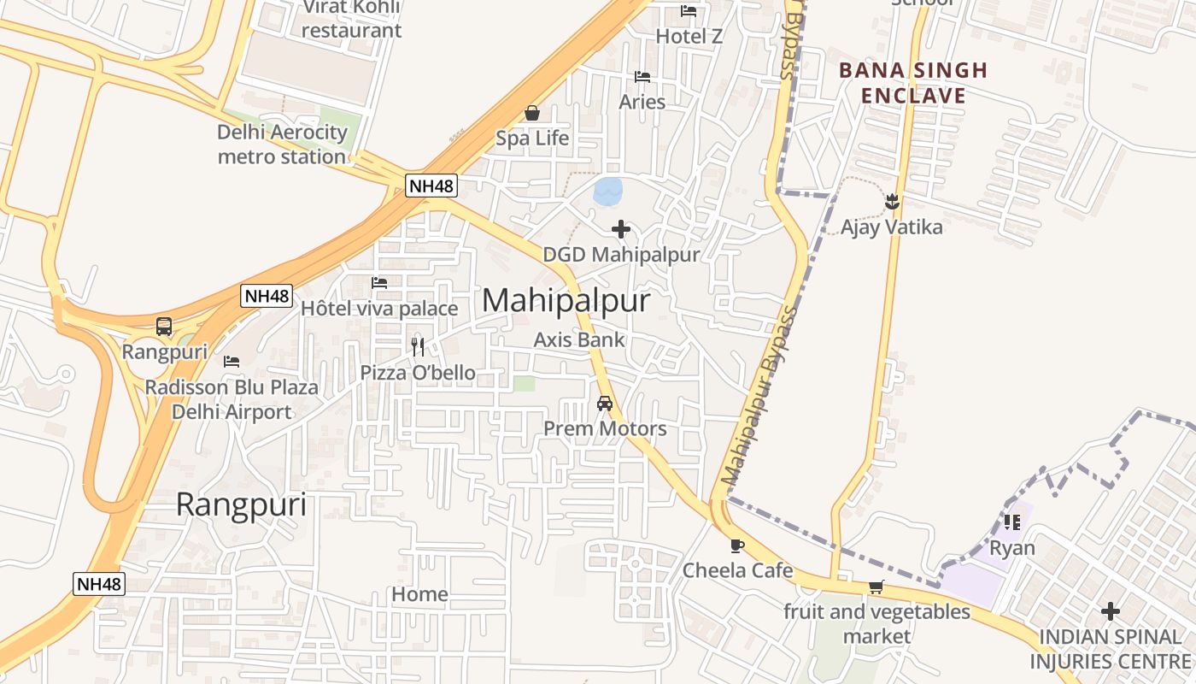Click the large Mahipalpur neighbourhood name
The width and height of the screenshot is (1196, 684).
pos(566,301)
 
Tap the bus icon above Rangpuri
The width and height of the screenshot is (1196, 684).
pos(163,326)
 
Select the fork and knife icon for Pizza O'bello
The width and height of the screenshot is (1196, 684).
pos(418,346)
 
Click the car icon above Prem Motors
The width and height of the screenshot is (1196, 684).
pos(605,403)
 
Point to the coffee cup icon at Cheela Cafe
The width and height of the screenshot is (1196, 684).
pos(737,545)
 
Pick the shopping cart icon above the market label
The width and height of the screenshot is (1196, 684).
pos(876,587)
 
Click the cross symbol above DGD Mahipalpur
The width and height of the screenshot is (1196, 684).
pos(621,229)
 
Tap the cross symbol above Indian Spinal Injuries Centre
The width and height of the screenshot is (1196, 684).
pos(1110,611)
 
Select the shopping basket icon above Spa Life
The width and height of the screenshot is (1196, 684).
pos(532,113)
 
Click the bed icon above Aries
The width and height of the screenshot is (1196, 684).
pos(642,77)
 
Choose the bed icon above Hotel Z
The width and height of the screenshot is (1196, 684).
pos(689,11)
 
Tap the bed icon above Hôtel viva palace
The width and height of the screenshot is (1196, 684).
pos(379,283)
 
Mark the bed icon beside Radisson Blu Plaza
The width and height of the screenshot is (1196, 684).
pos(231,362)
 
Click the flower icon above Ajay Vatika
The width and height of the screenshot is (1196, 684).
pos(892,202)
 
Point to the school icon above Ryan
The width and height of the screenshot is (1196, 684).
pos(1012,522)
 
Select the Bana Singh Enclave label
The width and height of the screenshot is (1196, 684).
pos(912,82)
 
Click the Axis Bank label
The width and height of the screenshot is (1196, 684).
pos(579,339)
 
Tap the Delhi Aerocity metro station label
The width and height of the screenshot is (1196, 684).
pos(282,144)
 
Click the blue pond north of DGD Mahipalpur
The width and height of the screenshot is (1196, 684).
pos(607,192)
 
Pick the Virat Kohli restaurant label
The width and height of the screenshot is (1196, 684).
pos(351,19)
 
